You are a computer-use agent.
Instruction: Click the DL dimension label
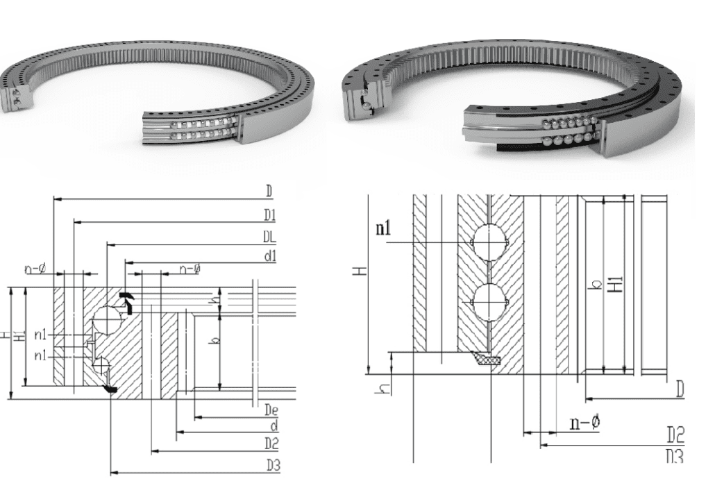(x=269, y=237)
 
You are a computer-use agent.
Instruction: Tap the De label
(x=271, y=410)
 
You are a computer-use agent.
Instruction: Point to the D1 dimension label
(x=270, y=214)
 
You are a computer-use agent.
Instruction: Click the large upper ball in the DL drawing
(x=108, y=320)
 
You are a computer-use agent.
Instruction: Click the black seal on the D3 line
(x=110, y=389)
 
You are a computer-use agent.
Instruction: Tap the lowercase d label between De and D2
(x=274, y=425)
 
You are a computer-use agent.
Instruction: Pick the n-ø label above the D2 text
(x=584, y=423)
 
